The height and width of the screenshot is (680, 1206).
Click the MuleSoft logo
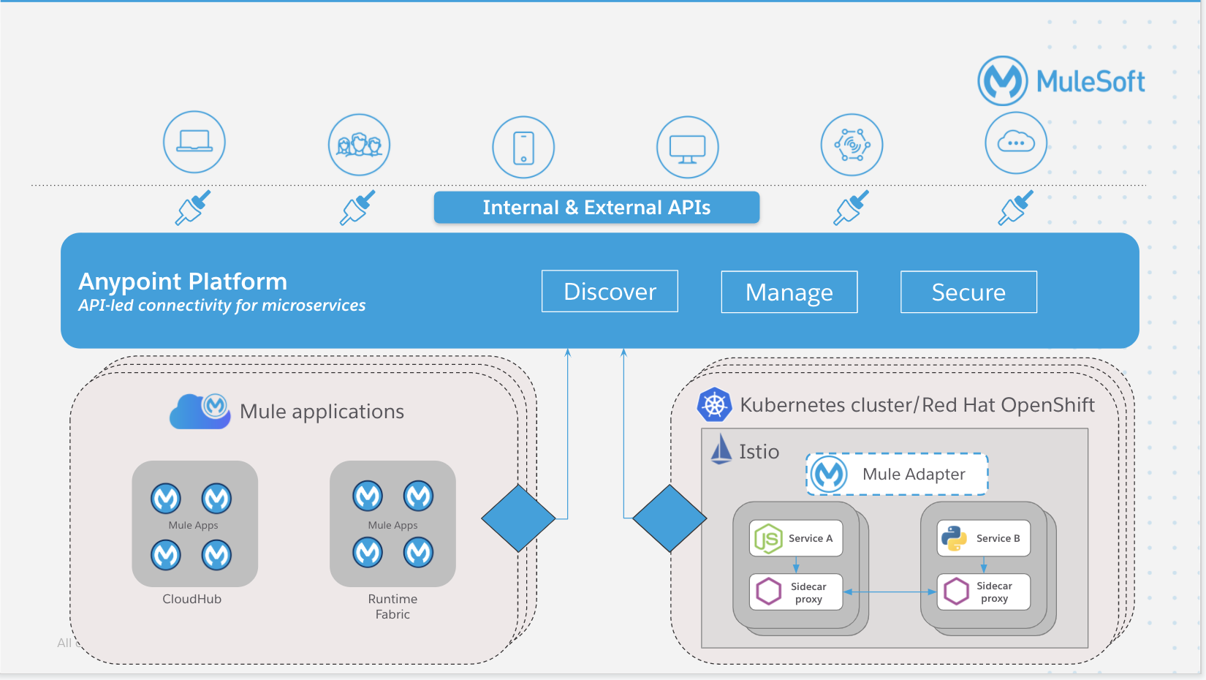[x=1061, y=81]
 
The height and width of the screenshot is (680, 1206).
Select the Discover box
[x=610, y=292]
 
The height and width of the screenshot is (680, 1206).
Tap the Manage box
[x=789, y=292]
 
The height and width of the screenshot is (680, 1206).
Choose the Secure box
[x=968, y=292]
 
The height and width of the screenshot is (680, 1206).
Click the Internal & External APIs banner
[x=596, y=208]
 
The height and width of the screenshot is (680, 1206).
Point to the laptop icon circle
[x=194, y=142]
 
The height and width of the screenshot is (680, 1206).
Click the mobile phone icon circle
[x=523, y=147]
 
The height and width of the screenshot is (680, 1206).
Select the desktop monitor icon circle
[x=687, y=147]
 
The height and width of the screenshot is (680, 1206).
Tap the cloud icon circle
[x=1016, y=143]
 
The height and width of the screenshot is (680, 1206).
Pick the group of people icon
[x=359, y=145]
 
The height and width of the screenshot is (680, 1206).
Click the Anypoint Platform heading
[x=183, y=282]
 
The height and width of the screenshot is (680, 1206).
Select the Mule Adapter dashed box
[x=897, y=475]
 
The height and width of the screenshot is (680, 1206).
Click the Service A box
[x=796, y=538]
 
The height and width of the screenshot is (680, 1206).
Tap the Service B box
[x=983, y=538]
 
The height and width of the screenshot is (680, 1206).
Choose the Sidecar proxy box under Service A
[x=796, y=592]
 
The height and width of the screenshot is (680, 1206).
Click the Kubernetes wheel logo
[x=714, y=404]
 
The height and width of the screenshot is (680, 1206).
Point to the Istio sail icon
[x=721, y=449]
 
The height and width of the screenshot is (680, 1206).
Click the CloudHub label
[x=191, y=599]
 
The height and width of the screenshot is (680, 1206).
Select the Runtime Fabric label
[x=392, y=606]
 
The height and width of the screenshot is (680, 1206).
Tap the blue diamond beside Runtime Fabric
[x=518, y=518]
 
